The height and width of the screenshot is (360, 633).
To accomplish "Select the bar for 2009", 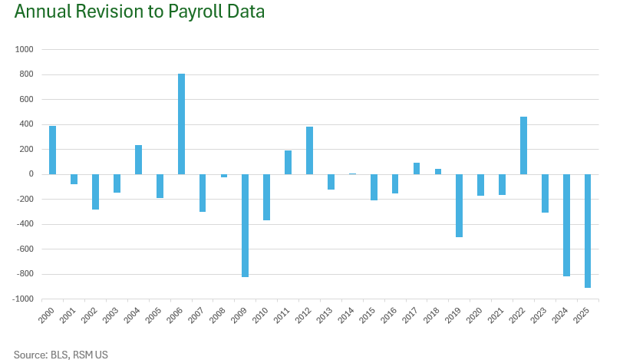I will tap(246, 225).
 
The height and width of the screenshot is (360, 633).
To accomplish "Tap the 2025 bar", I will tap(588, 230).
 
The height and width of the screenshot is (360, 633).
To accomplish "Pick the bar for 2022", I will tap(523, 145).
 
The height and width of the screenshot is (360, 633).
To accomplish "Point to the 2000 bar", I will tap(53, 150).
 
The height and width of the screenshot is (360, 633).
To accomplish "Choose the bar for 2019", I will tap(459, 205).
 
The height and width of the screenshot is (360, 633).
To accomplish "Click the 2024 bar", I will tap(566, 225).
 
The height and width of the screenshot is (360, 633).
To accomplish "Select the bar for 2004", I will tap(138, 160).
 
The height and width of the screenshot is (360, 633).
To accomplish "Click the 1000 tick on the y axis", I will tap(25, 50).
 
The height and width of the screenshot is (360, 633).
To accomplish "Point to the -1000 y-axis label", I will tap(23, 299).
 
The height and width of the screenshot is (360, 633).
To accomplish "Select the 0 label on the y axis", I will tap(31, 174).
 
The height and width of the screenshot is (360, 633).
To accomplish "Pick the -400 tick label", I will tap(25, 224).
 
